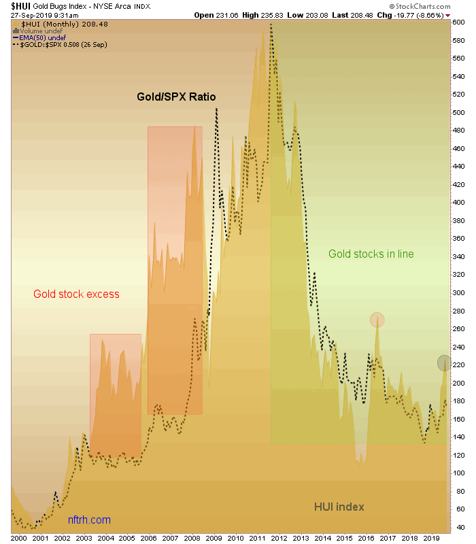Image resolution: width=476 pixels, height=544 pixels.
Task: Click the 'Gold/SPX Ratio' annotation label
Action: point(176,97)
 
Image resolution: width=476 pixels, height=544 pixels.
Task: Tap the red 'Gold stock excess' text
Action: point(76,294)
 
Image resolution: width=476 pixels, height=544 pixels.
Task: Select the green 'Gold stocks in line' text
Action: point(371,254)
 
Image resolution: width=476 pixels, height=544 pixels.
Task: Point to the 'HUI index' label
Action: point(339,507)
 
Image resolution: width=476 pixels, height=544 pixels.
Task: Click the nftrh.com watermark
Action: point(89,520)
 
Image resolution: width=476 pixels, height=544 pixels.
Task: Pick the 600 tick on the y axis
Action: point(461,22)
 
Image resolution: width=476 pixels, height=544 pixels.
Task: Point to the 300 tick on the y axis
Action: point(461,293)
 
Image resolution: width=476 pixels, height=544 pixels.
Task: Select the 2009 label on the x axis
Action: point(214,537)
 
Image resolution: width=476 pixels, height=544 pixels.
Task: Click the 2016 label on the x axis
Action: point(366,537)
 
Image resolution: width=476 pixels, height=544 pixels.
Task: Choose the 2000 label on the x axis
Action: point(20,537)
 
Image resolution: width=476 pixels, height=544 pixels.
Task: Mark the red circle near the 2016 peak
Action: point(377,319)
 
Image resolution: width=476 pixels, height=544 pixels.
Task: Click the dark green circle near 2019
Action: point(443,362)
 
